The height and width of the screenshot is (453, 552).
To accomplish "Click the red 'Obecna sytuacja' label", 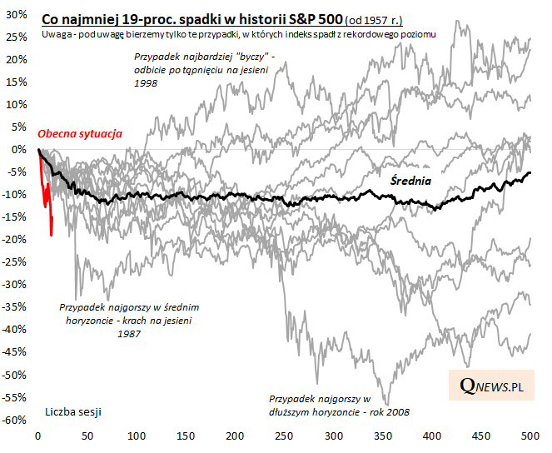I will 80,133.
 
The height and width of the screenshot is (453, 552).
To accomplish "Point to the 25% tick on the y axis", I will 16,37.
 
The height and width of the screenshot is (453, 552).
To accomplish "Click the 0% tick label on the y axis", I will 20,150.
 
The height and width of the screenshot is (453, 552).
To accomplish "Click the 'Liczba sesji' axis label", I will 75,411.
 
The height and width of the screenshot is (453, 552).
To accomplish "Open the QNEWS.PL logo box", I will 492,386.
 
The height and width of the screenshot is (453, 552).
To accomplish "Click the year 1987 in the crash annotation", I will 128,333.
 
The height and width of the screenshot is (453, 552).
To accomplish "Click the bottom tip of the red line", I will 52,235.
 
